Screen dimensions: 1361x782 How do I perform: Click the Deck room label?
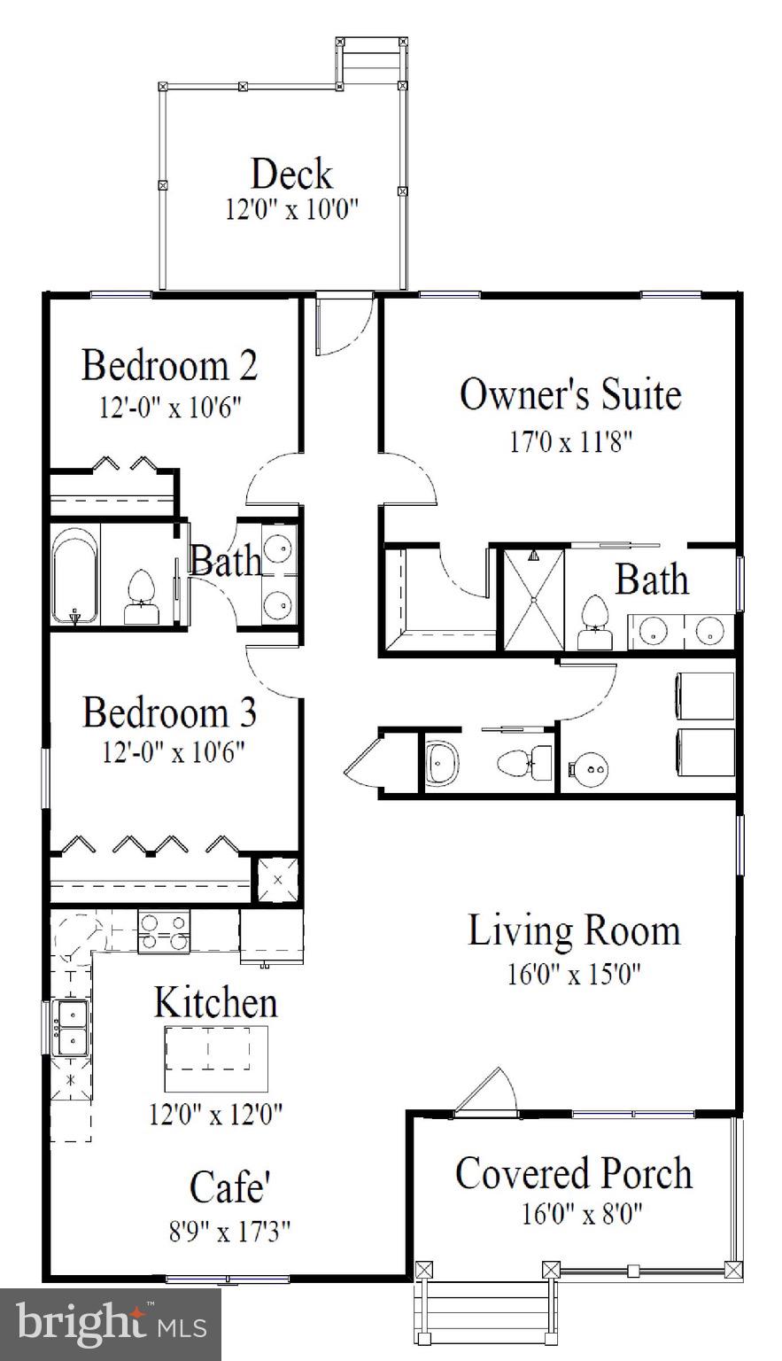pos(291,174)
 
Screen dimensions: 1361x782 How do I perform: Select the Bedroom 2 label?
pos(170,365)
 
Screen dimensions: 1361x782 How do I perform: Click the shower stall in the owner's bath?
pos(534,600)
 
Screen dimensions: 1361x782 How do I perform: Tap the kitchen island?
pos(216,1059)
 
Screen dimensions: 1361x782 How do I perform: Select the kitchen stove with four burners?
pos(164,932)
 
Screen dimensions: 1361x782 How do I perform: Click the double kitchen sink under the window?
pos(69,1027)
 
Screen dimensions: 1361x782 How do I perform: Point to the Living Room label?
pos(574,931)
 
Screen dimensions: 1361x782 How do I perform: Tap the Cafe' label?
pos(229,1187)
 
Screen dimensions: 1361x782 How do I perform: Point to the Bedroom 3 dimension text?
pos(173,752)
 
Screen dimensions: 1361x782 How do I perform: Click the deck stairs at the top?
pos(371,62)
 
